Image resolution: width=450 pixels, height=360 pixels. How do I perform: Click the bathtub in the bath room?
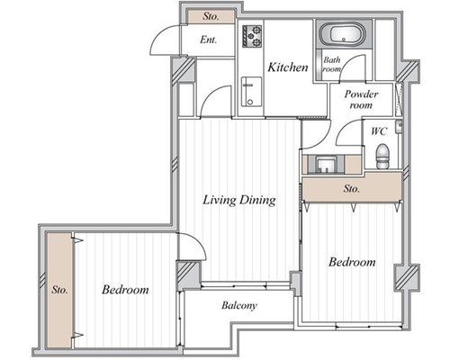342,34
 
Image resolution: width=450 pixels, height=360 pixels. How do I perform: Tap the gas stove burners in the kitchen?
252,36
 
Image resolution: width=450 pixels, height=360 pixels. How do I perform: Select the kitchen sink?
251,92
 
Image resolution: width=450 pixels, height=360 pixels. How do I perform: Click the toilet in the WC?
382,156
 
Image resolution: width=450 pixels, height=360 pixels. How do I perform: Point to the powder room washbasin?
328,165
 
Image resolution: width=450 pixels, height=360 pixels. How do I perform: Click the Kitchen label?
288,67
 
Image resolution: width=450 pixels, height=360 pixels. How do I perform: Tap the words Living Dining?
239,200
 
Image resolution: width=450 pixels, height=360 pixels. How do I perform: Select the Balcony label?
239,306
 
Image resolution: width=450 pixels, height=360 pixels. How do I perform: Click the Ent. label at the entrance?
208,40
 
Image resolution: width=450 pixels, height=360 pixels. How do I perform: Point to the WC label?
379,131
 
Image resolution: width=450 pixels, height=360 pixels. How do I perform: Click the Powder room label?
361,99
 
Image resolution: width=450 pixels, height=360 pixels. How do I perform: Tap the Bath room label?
332,64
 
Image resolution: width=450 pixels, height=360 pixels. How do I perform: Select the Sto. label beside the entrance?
211,16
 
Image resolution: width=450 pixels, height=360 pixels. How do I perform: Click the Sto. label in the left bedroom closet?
59,290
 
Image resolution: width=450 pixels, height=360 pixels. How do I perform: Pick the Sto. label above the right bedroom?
351,189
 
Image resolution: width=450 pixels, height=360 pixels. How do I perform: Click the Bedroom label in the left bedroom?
125,290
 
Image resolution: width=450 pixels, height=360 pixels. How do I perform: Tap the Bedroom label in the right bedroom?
352,262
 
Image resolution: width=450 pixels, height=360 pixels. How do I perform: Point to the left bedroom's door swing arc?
198,242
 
